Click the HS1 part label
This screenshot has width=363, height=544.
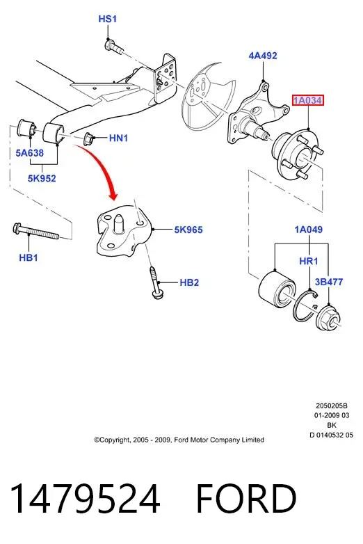click(x=108, y=19)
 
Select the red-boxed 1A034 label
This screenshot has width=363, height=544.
click(x=308, y=100)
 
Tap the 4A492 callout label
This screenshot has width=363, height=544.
click(x=263, y=56)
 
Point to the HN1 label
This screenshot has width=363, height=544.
click(x=119, y=138)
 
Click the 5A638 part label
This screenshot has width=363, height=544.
click(x=29, y=152)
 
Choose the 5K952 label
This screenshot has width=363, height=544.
click(x=42, y=178)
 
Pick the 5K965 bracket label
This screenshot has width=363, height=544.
click(x=188, y=230)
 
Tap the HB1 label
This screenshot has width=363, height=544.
click(x=29, y=257)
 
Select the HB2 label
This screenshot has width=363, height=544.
click(x=189, y=282)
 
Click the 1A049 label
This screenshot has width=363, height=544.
click(x=309, y=230)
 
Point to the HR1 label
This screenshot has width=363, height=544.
click(x=309, y=261)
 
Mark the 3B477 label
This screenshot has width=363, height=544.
click(x=329, y=282)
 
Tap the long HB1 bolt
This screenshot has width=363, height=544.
click(x=36, y=232)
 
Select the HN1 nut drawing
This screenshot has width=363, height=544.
click(x=90, y=139)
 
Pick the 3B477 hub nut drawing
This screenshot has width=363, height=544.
click(x=328, y=318)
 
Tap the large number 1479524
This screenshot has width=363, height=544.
click(x=85, y=499)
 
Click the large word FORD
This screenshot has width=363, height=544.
click(x=246, y=499)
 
